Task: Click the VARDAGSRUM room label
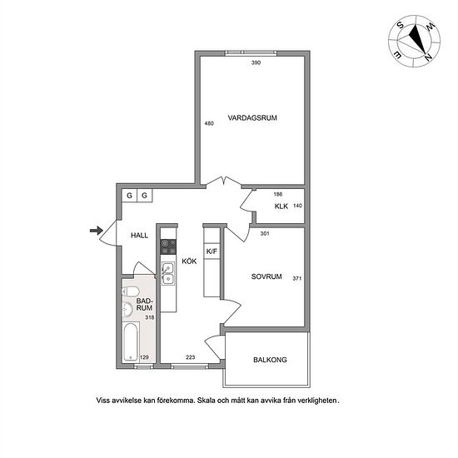[252, 118]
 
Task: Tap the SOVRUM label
[266, 276]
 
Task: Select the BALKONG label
[270, 360]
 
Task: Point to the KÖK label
[189, 261]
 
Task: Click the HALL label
[139, 236]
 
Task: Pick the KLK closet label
[281, 207]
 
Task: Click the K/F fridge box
[212, 251]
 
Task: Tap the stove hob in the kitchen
[168, 246]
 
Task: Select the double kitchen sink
[168, 273]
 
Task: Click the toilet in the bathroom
[130, 291]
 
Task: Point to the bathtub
[131, 341]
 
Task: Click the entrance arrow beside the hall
[97, 231]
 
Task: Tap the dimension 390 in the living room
[256, 62]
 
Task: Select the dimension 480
[209, 123]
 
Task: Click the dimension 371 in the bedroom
[297, 279]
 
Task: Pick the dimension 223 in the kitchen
[191, 357]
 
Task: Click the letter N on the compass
[428, 57]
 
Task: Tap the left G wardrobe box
[129, 196]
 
